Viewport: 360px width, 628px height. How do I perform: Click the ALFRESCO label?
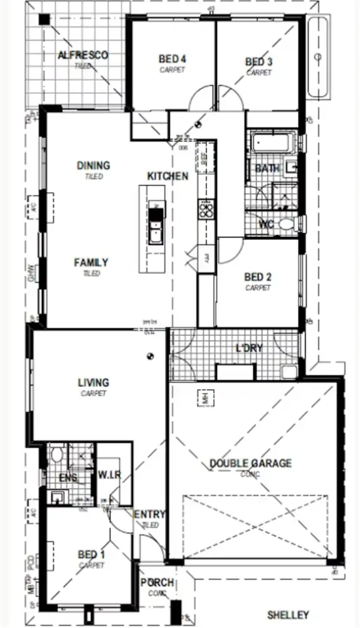pos(83,55)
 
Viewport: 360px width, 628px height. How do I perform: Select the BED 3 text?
pos(258,61)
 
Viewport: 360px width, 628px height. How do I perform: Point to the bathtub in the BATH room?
pos(272,142)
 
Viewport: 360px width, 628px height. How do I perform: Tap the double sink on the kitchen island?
pos(155,224)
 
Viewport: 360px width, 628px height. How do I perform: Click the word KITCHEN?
pos(167,176)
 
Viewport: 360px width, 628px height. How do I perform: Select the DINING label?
pos(93,165)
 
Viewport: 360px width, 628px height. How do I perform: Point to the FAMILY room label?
pos(91,263)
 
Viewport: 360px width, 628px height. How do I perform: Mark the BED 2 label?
pos(257,277)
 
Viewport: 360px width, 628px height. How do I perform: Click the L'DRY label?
pos(249,348)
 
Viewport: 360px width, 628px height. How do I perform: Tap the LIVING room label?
pos(93,382)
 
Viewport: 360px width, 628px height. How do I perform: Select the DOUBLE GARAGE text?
pos(250,463)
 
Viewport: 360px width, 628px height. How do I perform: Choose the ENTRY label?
pos(149,515)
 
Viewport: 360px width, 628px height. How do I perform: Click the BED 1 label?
pos(92,555)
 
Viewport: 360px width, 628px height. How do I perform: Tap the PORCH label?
pos(157,583)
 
